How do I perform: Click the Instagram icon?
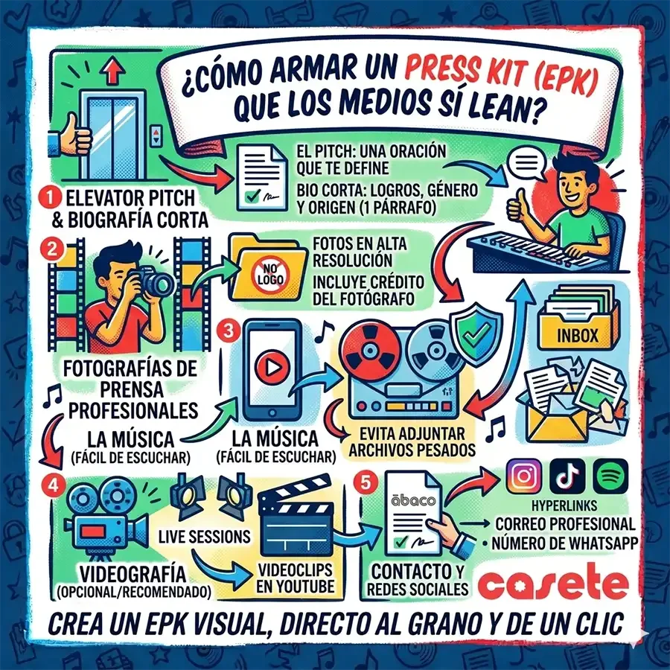pos(524,476)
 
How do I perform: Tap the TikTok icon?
pos(567,476)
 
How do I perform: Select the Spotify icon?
pos(610,476)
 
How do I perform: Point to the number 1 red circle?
pos(50,198)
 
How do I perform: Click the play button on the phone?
pos(270,366)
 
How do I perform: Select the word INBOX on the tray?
pos(578,336)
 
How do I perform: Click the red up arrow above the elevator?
pos(112,71)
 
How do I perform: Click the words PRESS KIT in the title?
pos(461,71)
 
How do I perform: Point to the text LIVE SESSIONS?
pos(204,537)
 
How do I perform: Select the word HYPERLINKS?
pos(564,506)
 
